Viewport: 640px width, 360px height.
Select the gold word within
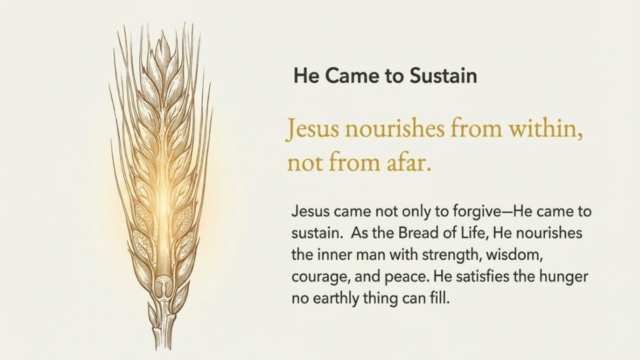click(x=546, y=129)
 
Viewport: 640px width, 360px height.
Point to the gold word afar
click(x=409, y=162)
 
